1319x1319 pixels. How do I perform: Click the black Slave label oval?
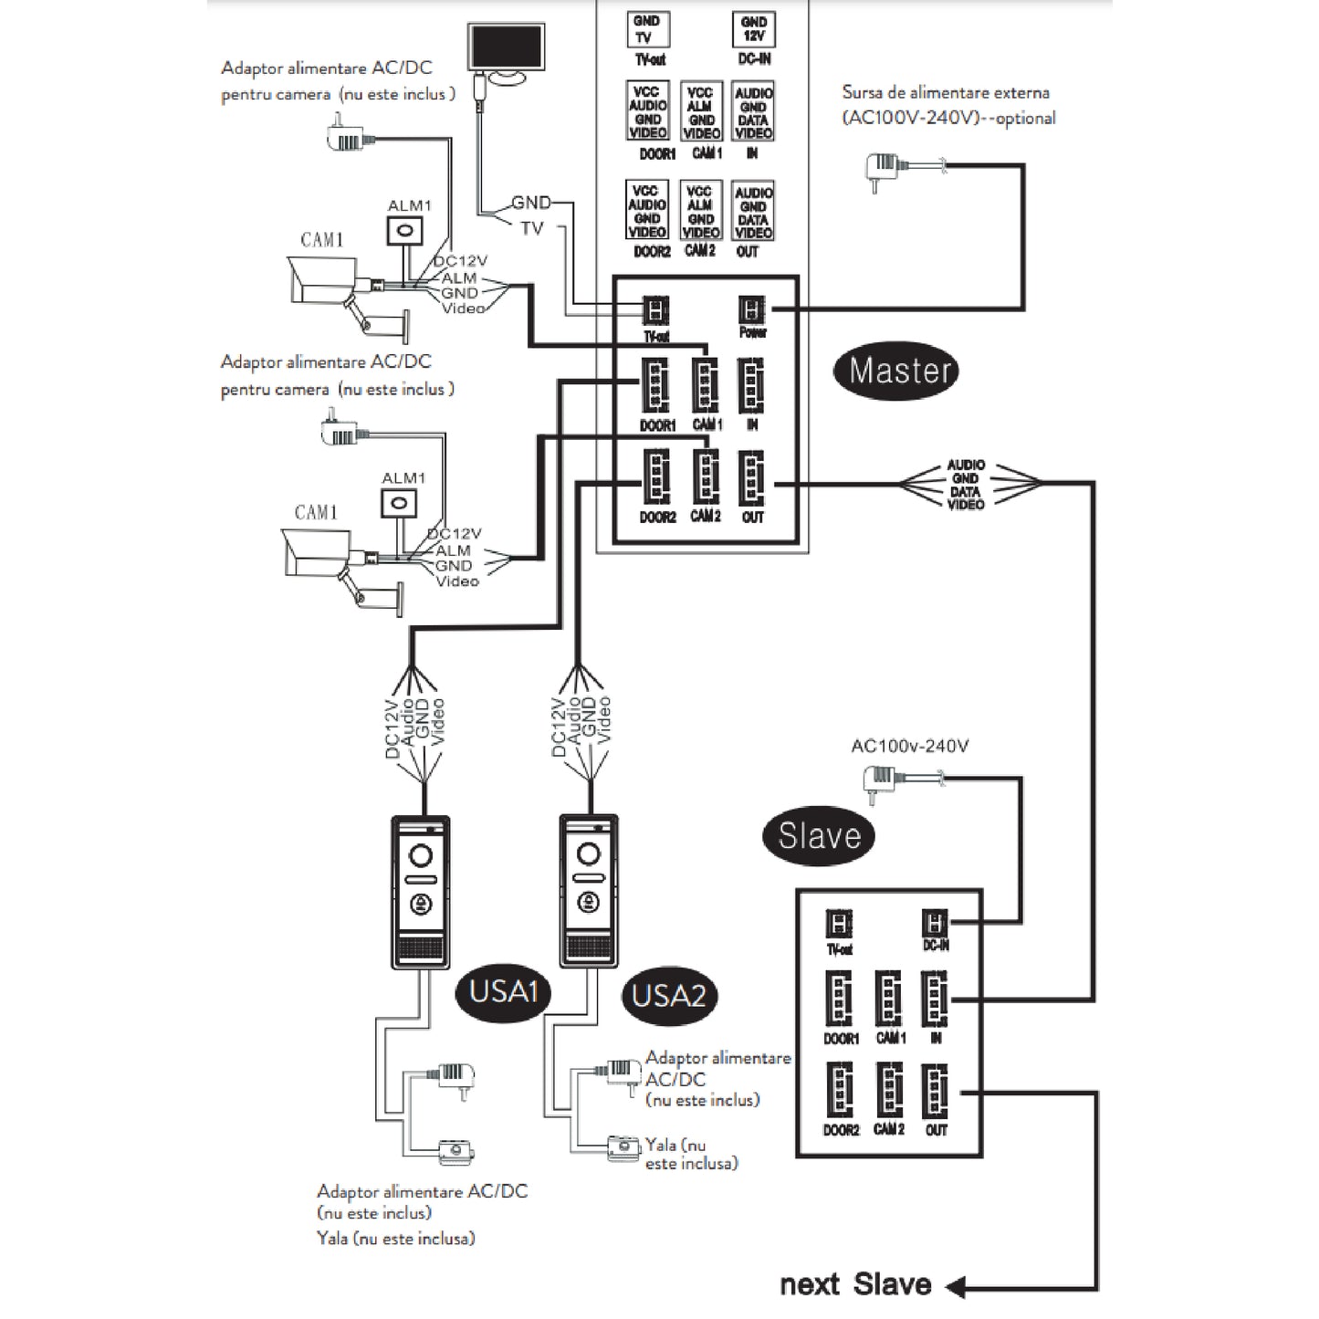click(x=819, y=835)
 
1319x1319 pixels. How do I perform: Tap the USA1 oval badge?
click(x=503, y=991)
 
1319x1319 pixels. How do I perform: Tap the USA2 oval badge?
click(x=670, y=995)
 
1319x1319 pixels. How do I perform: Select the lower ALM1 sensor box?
click(x=399, y=502)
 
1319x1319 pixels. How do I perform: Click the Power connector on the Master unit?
click(x=752, y=309)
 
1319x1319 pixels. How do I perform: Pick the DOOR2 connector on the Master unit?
click(x=656, y=478)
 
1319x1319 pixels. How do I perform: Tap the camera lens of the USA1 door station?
click(x=421, y=855)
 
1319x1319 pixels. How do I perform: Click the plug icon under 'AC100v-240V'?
click(x=878, y=782)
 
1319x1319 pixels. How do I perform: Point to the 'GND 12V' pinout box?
click(x=753, y=30)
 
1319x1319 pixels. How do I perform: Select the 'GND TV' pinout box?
click(x=647, y=30)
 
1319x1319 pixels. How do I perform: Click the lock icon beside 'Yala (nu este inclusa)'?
click(x=625, y=1146)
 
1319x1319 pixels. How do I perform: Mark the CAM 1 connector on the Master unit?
click(x=706, y=384)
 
